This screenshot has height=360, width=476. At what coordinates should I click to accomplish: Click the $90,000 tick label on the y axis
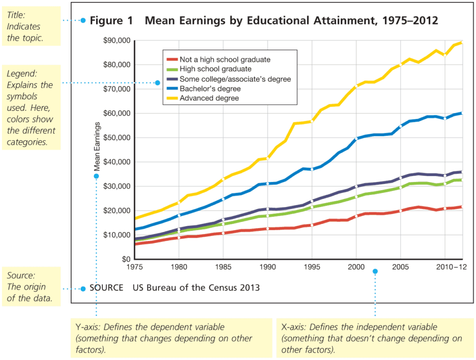117,40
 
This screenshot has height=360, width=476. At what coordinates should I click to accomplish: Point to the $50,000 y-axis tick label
117,138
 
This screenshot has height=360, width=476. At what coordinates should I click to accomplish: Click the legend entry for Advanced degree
209,98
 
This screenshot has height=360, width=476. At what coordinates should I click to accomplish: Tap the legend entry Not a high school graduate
225,60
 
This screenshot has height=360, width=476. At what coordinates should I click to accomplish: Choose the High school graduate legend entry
215,69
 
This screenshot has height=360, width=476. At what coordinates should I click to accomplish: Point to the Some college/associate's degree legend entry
235,79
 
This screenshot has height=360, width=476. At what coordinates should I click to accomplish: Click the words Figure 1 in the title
112,21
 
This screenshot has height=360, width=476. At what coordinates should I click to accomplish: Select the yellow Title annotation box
31,26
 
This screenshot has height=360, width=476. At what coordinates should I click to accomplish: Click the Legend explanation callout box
31,107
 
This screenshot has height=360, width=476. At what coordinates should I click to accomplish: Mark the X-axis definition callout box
374,338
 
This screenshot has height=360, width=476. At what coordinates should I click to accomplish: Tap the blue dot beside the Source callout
83,289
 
